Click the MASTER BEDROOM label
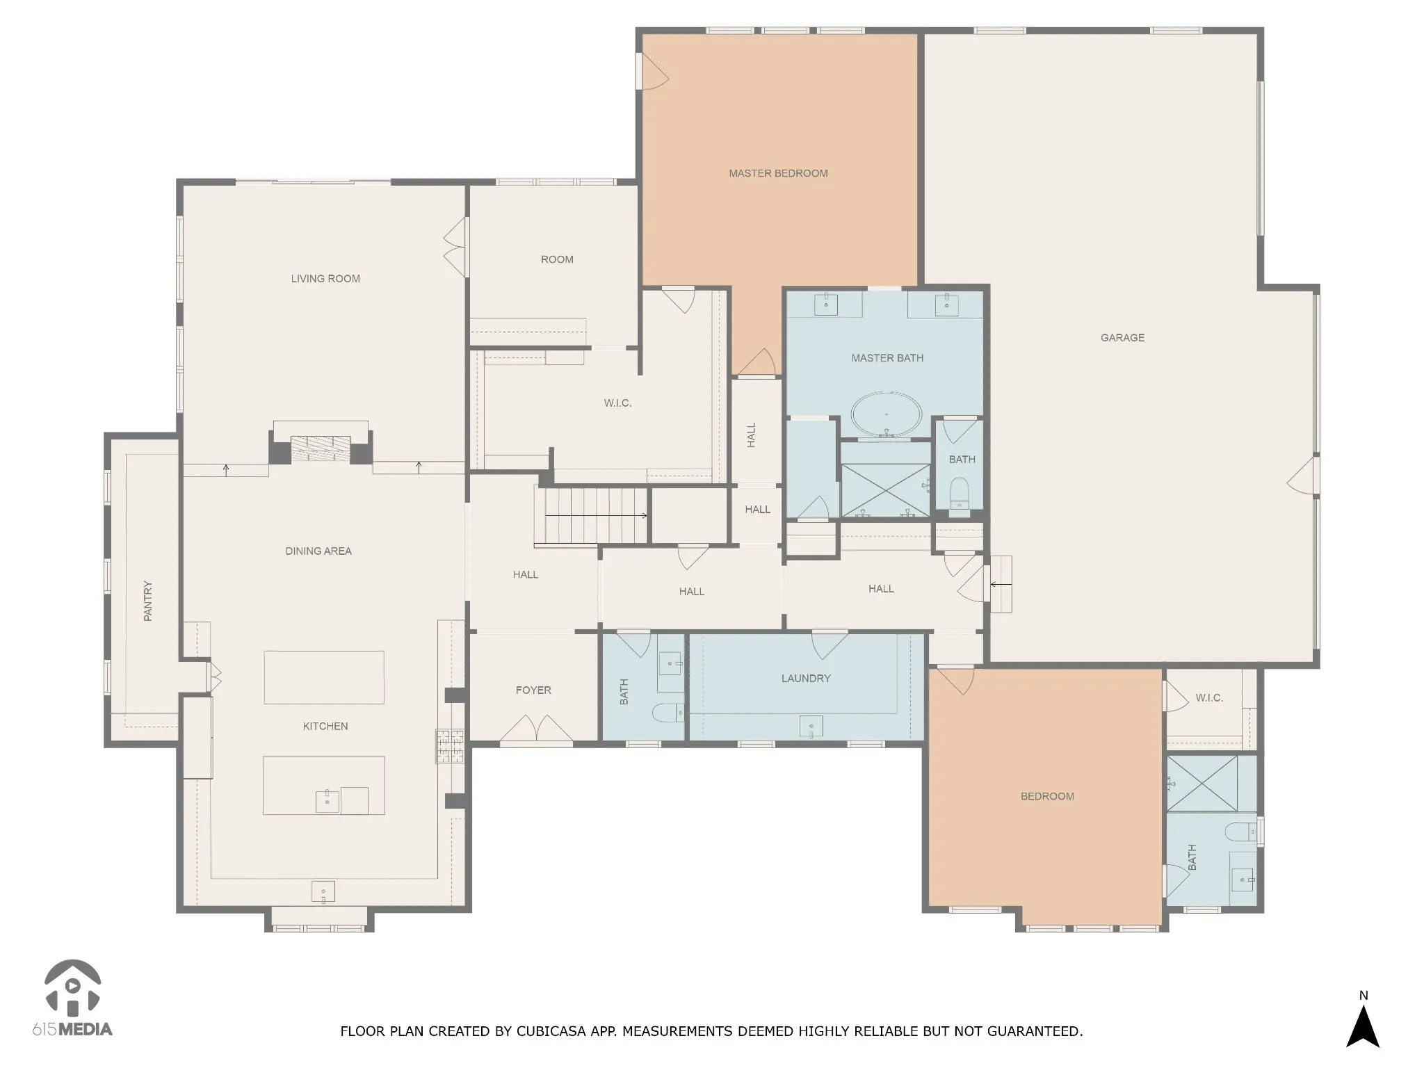pyautogui.click(x=778, y=173)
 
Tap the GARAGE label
pyautogui.click(x=1122, y=338)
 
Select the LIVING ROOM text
pyautogui.click(x=325, y=279)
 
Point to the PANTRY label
pyautogui.click(x=147, y=601)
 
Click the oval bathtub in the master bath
pyautogui.click(x=887, y=415)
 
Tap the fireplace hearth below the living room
pyautogui.click(x=321, y=446)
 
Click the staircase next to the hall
pyautogui.click(x=591, y=515)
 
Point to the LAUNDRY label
pyautogui.click(x=806, y=679)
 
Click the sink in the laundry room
pyautogui.click(x=811, y=727)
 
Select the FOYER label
pyautogui.click(x=533, y=690)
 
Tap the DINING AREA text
pyautogui.click(x=318, y=551)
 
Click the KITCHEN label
pyautogui.click(x=325, y=727)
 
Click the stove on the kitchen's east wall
pyautogui.click(x=450, y=745)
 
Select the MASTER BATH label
pyautogui.click(x=887, y=358)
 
